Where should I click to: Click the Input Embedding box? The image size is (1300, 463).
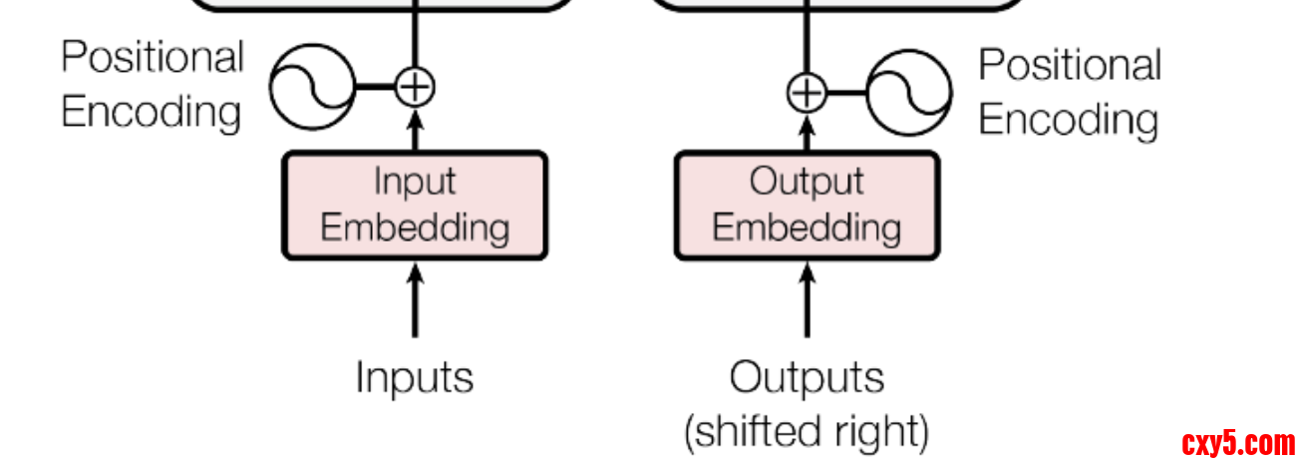pyautogui.click(x=415, y=206)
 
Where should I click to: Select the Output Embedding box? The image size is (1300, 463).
pyautogui.click(x=807, y=206)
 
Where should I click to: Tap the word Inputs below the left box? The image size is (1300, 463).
pyautogui.click(x=415, y=377)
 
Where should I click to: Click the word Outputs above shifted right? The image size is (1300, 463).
pyautogui.click(x=807, y=378)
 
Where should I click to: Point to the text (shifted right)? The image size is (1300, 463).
pyautogui.click(x=807, y=432)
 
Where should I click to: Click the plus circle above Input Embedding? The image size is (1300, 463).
pyautogui.click(x=415, y=86)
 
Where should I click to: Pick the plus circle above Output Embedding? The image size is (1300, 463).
pyautogui.click(x=807, y=93)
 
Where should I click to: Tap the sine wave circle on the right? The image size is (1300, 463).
pyautogui.click(x=908, y=95)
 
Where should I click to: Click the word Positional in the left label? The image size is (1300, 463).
pyautogui.click(x=153, y=57)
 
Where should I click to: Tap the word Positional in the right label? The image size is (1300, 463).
pyautogui.click(x=1070, y=65)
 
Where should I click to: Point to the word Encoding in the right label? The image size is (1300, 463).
pyautogui.click(x=1068, y=119)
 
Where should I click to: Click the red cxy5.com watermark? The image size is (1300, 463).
pyautogui.click(x=1238, y=443)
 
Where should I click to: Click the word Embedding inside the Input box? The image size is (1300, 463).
pyautogui.click(x=415, y=228)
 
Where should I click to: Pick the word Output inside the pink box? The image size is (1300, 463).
pyautogui.click(x=807, y=183)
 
